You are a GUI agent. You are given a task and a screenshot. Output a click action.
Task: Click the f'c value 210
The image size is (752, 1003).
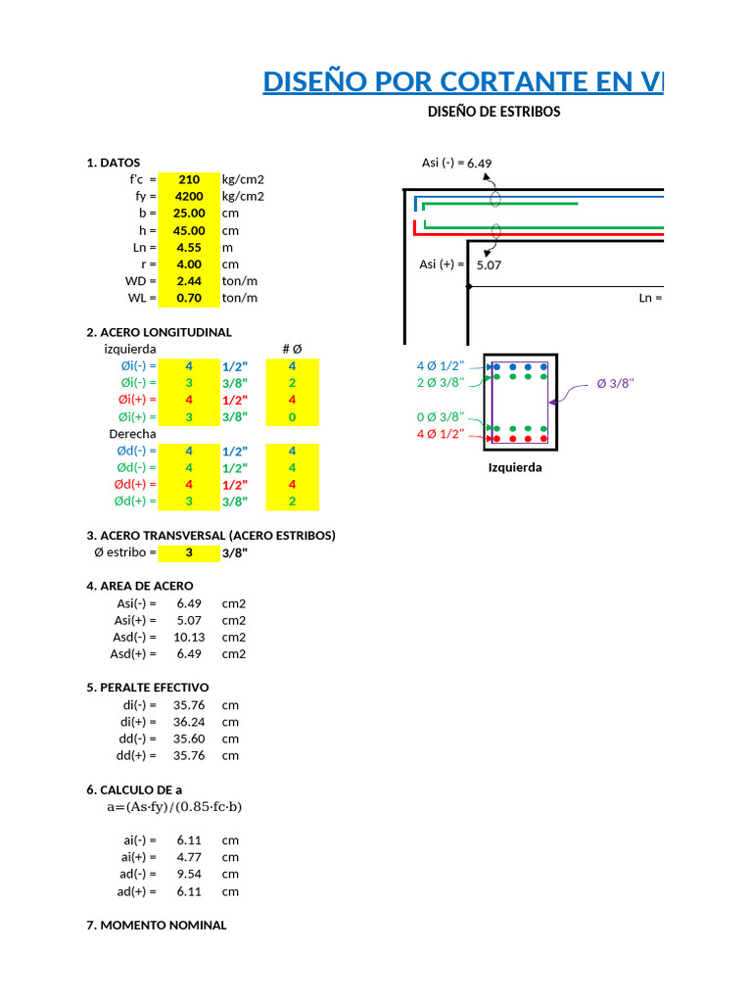[x=189, y=179]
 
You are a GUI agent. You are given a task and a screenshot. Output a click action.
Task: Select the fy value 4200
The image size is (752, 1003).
[x=189, y=196]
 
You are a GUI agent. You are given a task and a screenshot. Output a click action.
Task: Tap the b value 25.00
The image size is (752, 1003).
[x=189, y=213]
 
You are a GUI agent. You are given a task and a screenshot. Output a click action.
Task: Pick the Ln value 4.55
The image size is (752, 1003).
[x=189, y=247]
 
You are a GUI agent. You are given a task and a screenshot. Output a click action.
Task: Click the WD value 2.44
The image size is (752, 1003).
[x=189, y=281]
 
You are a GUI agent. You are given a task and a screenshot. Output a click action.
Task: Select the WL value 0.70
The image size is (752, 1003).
[x=189, y=298]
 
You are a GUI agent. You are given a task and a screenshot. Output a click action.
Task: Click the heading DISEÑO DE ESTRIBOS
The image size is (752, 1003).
[x=493, y=112]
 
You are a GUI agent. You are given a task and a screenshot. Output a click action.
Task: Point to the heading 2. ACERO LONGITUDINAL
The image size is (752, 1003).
[x=159, y=332]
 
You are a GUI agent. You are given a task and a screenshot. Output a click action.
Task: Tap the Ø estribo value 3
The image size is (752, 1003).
[x=189, y=552]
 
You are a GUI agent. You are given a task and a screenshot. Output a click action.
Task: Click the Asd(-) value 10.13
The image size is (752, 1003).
[x=188, y=637]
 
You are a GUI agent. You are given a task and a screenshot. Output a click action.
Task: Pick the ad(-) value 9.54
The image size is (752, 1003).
[x=188, y=874]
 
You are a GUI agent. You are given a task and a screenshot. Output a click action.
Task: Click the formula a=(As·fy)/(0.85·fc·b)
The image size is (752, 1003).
[x=174, y=807]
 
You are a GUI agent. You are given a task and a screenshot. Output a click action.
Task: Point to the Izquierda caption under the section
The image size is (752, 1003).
[x=515, y=467]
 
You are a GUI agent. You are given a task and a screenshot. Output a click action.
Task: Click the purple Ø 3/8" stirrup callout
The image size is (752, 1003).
[x=615, y=383]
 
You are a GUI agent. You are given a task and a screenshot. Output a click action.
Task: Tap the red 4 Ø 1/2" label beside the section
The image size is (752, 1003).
[x=441, y=434]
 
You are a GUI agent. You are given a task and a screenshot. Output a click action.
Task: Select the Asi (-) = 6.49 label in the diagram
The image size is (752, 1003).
[x=455, y=163]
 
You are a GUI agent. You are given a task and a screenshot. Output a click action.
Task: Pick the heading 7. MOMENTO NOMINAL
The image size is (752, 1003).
[x=157, y=925]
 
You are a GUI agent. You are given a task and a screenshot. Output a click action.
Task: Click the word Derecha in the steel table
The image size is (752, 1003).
[x=132, y=433]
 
